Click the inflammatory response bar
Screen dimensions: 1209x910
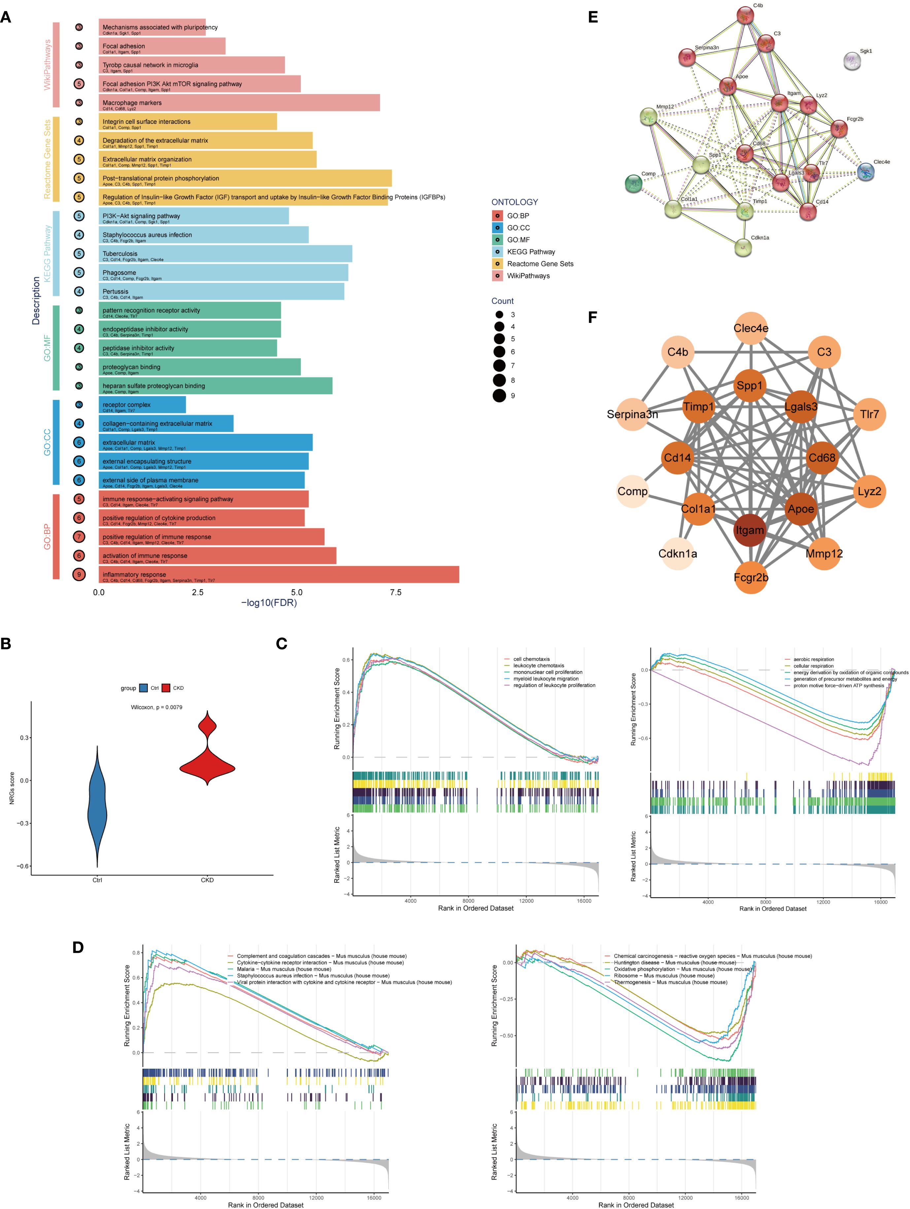tap(279, 574)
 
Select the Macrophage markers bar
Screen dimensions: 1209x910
tap(239, 103)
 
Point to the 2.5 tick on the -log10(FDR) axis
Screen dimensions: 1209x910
tap(197, 593)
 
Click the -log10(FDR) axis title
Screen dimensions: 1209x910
tap(269, 603)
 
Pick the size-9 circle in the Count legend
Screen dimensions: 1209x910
tap(499, 396)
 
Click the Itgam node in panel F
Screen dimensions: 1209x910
tap(749, 530)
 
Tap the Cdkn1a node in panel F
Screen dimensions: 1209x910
tap(678, 554)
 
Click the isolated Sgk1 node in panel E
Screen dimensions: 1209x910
tap(852, 61)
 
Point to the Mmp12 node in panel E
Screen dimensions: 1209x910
tap(648, 117)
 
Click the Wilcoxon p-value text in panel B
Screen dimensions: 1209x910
tap(156, 707)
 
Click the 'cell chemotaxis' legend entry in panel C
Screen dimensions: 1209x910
tap(531, 659)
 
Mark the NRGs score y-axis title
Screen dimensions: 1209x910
tap(12, 788)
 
